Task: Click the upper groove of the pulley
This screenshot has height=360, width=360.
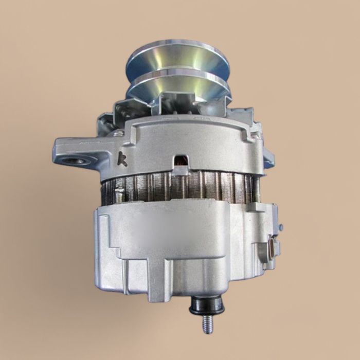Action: click(177, 64)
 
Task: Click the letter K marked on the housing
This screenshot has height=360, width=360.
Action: click(122, 159)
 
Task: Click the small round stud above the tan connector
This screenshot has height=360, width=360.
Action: click(281, 227)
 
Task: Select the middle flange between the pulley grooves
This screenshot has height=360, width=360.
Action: click(177, 75)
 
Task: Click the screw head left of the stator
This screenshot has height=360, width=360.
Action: click(119, 193)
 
